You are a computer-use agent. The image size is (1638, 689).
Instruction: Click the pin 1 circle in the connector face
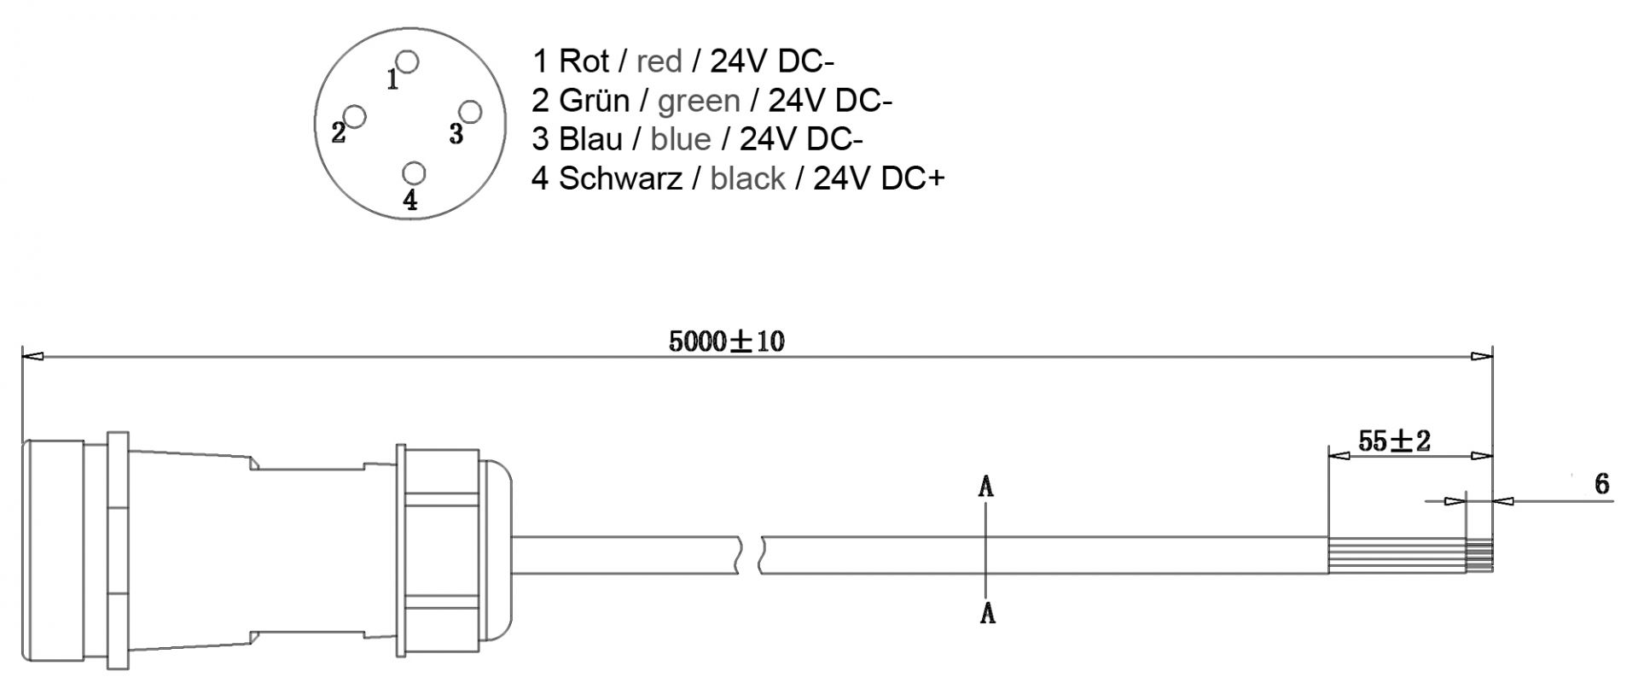tap(408, 62)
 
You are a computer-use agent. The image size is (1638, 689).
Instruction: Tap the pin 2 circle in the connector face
tap(355, 116)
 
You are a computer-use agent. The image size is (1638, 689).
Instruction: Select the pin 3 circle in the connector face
tap(471, 112)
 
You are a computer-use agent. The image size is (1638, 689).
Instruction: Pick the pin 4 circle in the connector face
tap(415, 173)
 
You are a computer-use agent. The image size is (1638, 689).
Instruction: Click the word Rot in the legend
tap(584, 61)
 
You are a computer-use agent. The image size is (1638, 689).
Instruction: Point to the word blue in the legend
tap(680, 139)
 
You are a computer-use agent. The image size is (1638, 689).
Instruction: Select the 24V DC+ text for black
tap(879, 178)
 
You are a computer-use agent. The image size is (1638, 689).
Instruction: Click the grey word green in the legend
tap(699, 101)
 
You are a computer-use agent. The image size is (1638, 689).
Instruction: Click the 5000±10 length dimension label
tap(726, 342)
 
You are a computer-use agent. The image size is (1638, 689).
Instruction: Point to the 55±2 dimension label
tap(1394, 441)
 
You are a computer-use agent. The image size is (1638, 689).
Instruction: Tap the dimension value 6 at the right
tap(1601, 484)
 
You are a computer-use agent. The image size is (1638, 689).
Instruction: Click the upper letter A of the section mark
tap(987, 488)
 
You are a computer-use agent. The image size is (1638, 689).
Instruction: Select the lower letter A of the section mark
tap(987, 612)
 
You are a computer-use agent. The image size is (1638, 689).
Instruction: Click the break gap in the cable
tap(750, 555)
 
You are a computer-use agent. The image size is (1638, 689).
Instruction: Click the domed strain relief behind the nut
tap(498, 555)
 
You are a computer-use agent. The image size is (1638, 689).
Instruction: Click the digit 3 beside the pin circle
tap(456, 134)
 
